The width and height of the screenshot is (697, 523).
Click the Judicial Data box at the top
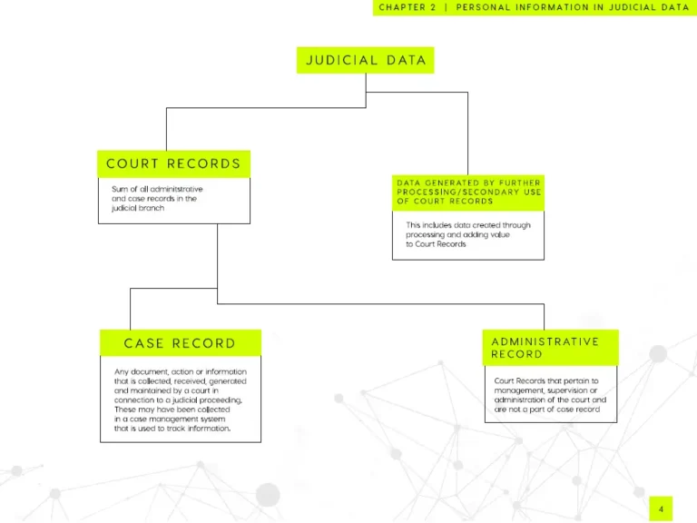point(366,60)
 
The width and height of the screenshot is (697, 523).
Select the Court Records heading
point(174,164)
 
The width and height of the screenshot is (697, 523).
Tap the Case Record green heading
point(181,343)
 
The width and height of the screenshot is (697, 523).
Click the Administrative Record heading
point(550,348)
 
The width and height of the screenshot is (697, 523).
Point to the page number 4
point(661,509)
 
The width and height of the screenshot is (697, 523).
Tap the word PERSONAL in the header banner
point(483,7)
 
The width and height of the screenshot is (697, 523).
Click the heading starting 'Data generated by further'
point(468,192)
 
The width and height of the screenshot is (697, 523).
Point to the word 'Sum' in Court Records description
point(119,189)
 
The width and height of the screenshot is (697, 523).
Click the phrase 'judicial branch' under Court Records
point(138,208)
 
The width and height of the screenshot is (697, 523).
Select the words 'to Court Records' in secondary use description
point(436,244)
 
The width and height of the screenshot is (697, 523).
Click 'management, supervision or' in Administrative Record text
point(545,390)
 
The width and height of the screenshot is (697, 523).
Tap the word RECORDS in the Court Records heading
point(203,164)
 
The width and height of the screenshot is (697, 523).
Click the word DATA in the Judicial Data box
point(407,60)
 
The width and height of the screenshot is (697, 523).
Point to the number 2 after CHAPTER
point(434,7)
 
